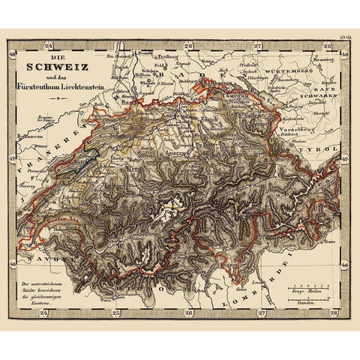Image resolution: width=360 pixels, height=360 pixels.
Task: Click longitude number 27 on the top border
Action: coord(258,46)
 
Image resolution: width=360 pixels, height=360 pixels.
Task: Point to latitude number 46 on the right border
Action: coord(344,265)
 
